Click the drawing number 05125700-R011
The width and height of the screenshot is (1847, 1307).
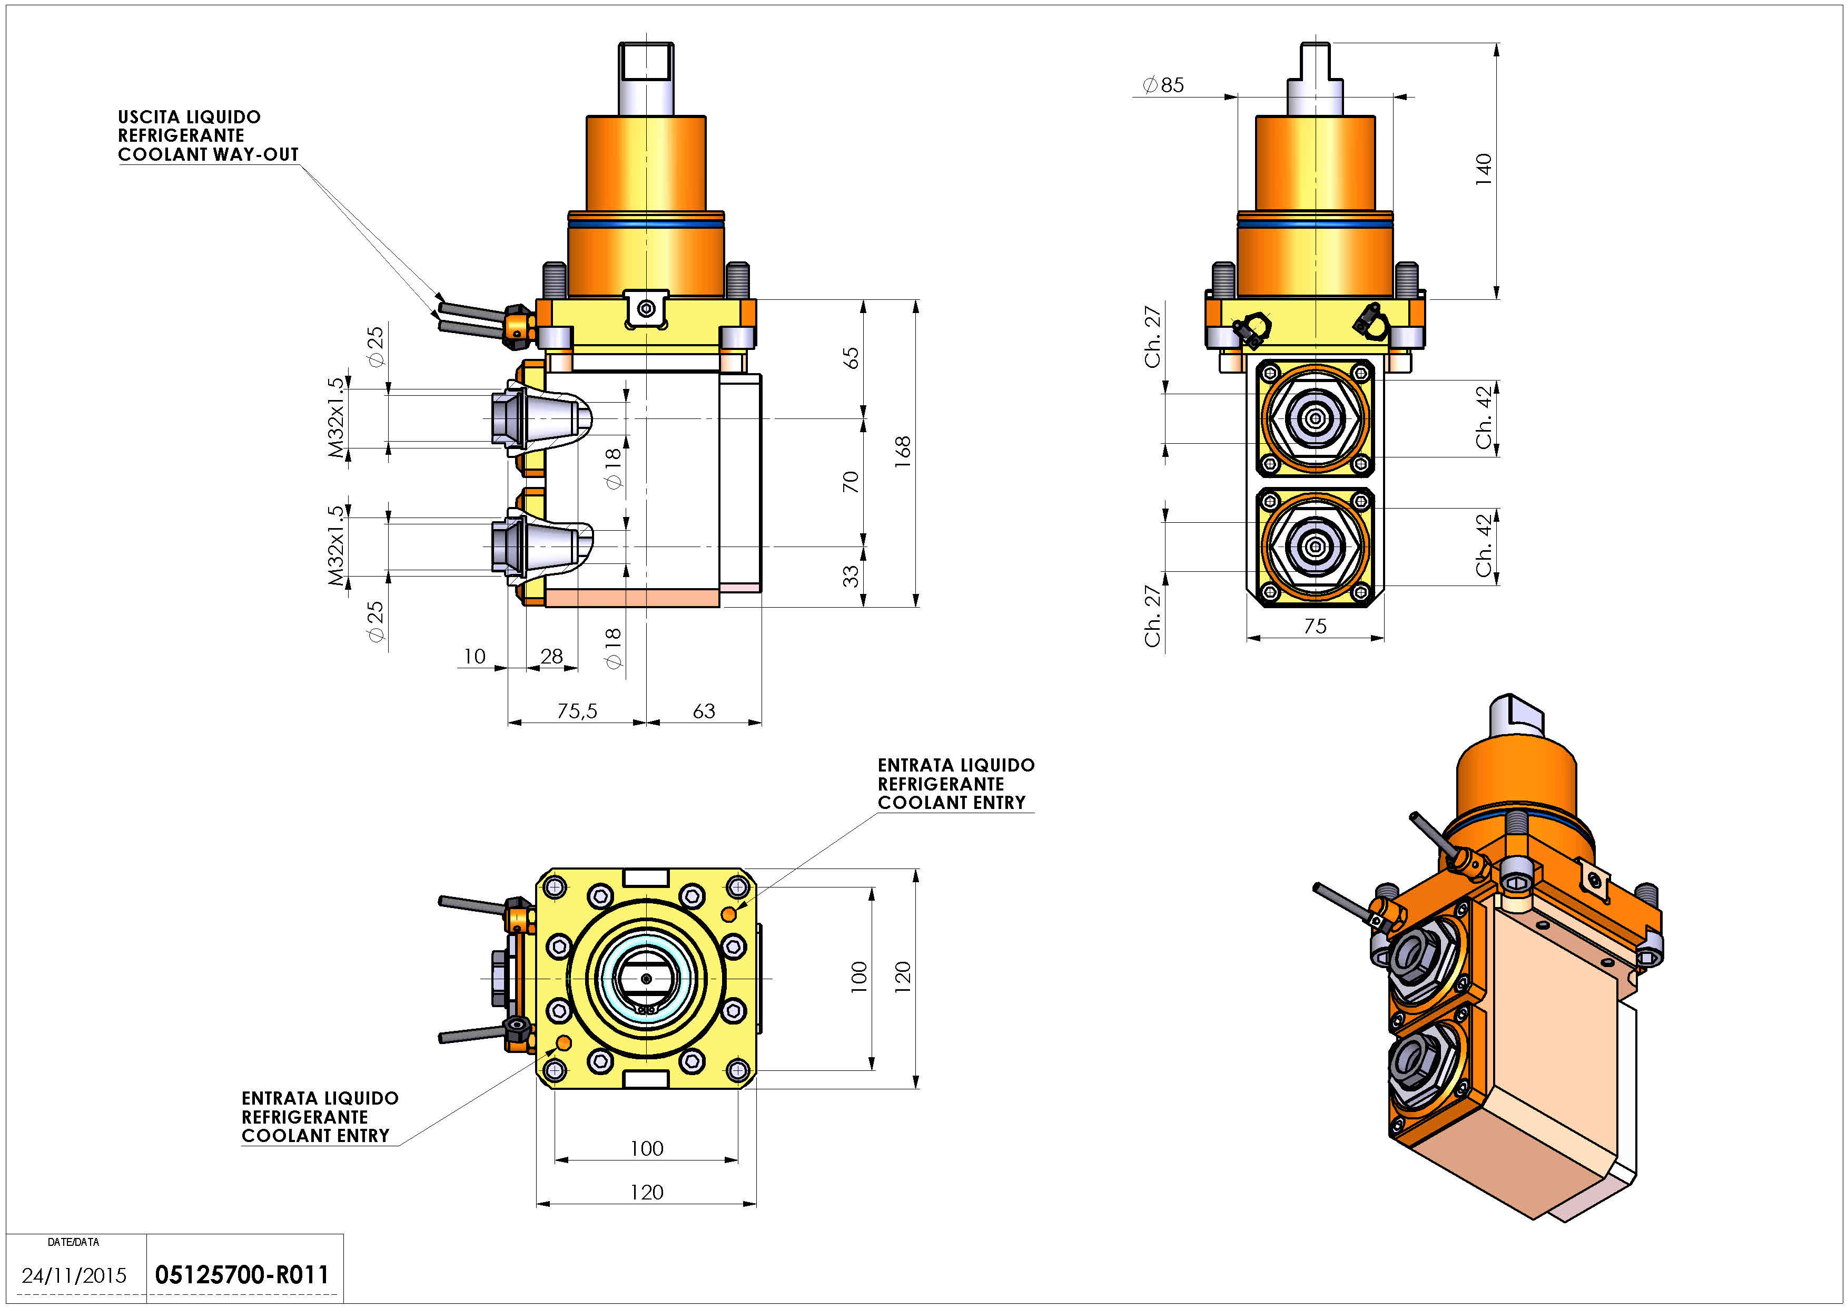241,1275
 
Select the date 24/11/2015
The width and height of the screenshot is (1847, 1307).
74,1275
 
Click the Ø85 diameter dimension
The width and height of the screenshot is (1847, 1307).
1163,84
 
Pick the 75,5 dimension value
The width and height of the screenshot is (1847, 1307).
577,710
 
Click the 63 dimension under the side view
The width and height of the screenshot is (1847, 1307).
704,710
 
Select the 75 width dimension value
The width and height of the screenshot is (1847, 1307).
1315,626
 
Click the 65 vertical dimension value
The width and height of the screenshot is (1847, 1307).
851,358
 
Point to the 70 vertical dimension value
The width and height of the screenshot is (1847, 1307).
851,482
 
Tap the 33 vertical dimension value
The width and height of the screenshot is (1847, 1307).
851,576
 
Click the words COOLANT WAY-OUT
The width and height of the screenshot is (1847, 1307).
209,154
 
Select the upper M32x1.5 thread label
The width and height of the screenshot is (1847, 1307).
336,417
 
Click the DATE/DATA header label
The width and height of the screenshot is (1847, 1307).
73,1242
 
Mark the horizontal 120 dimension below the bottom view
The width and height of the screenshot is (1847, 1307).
646,1192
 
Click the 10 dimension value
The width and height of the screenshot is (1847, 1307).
474,656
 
